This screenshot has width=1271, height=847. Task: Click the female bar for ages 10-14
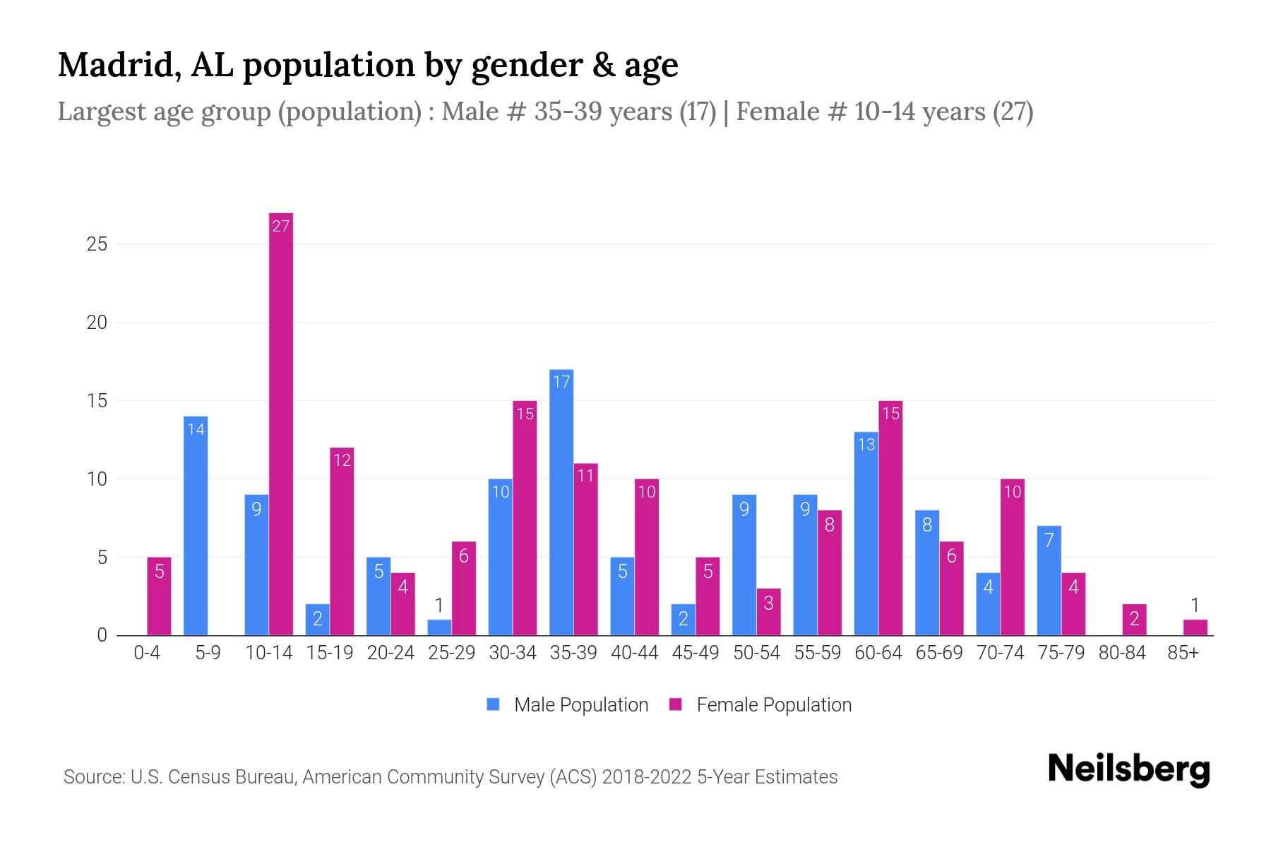[281, 423]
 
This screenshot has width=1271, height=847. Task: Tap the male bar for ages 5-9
[196, 526]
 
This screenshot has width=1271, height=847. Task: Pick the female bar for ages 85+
[1195, 627]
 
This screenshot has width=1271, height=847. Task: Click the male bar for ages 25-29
[439, 627]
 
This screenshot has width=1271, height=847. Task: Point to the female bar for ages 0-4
[159, 596]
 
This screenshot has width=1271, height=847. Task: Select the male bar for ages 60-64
[866, 534]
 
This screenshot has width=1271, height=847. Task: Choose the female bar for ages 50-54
[768, 612]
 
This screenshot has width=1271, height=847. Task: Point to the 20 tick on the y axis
[97, 323]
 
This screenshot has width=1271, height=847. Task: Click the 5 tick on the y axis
[102, 558]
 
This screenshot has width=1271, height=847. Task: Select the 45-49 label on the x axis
[695, 653]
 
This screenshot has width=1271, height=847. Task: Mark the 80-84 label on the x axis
[1121, 653]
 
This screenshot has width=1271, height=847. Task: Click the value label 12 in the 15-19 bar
[342, 460]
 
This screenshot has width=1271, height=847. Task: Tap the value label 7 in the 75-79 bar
[1049, 541]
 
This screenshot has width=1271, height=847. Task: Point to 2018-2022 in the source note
[646, 777]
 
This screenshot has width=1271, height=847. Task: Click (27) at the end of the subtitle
[1013, 112]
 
